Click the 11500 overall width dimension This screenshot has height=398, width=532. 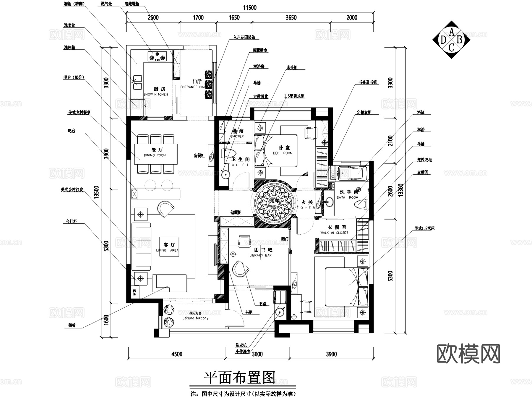[x=250, y=8]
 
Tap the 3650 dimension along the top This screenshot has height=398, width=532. [x=291, y=18]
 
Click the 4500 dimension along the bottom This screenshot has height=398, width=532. [x=176, y=354]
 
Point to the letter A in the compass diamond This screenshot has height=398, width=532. [x=451, y=32]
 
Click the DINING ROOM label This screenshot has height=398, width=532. [x=155, y=155]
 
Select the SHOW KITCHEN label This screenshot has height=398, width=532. [x=156, y=95]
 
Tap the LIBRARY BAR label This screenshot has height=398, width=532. [x=260, y=255]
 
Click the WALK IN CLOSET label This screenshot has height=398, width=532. [x=334, y=233]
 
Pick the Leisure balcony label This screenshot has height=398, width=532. [x=195, y=318]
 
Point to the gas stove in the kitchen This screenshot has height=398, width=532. [x=157, y=56]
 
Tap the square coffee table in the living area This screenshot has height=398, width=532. [x=169, y=246]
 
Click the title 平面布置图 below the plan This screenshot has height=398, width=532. [x=239, y=377]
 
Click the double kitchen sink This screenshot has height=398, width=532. [x=137, y=82]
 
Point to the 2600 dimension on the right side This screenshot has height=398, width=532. [x=390, y=191]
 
